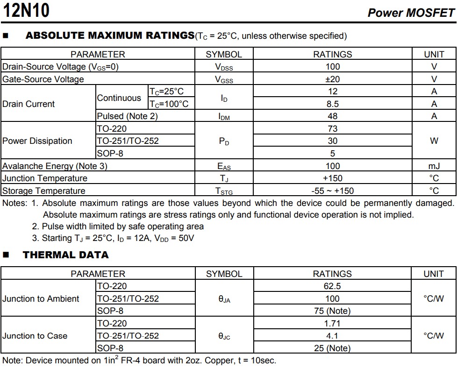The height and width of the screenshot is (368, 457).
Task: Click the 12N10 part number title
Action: coord(26,10)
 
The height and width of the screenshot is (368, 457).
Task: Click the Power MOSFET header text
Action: coord(411,13)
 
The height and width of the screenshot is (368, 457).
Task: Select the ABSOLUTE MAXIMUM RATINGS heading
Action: coord(110,35)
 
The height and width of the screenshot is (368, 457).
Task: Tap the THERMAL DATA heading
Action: coord(65,255)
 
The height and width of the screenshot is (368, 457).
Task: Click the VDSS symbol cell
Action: coord(224,67)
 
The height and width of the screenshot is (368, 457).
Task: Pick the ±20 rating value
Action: coord(332,79)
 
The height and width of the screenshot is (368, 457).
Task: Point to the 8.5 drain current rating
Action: coord(332,104)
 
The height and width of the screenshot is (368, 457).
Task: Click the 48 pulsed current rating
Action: coord(332,116)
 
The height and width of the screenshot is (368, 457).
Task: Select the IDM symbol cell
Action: coord(224,117)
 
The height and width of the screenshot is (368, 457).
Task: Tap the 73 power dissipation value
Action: coord(332,128)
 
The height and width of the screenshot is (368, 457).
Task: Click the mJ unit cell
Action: coord(434,166)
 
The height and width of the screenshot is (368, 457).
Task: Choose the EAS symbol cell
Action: coord(224,166)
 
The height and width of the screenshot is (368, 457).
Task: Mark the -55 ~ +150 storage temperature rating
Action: coord(332,191)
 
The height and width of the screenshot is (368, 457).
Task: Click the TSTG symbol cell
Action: coord(224,191)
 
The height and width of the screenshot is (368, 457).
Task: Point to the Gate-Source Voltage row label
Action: coord(43,79)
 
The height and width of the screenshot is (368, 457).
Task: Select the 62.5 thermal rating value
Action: coord(332,286)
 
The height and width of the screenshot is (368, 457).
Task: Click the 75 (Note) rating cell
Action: coord(332,311)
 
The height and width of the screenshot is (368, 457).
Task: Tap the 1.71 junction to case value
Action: coord(332,323)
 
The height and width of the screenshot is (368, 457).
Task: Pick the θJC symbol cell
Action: coord(224,336)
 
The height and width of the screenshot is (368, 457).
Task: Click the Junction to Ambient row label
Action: coord(41,299)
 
